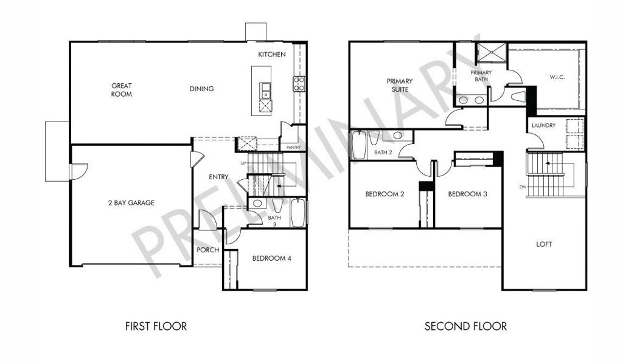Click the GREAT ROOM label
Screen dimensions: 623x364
[x=122, y=90]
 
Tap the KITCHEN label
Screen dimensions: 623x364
[x=272, y=54]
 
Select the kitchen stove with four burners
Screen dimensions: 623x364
[x=299, y=84]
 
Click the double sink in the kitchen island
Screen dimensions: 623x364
[x=265, y=91]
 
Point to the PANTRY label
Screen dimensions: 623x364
[x=294, y=147]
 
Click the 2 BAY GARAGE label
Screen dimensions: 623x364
[x=131, y=203]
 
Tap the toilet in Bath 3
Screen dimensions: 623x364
[x=277, y=205]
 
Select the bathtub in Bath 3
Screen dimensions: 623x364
[x=298, y=212]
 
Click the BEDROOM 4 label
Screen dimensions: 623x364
[x=272, y=258]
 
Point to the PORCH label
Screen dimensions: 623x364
[x=208, y=250]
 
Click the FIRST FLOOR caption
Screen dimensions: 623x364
[x=156, y=326]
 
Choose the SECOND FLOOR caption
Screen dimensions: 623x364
[x=465, y=326]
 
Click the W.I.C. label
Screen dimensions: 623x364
[x=557, y=77]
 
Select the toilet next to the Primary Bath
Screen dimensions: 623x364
[x=518, y=96]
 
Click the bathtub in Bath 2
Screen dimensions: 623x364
[x=358, y=145]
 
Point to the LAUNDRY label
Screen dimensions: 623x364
[x=543, y=125]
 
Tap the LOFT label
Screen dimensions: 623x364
[x=544, y=244]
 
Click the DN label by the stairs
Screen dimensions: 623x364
[x=522, y=187]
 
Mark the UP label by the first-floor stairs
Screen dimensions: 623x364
[x=243, y=163]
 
